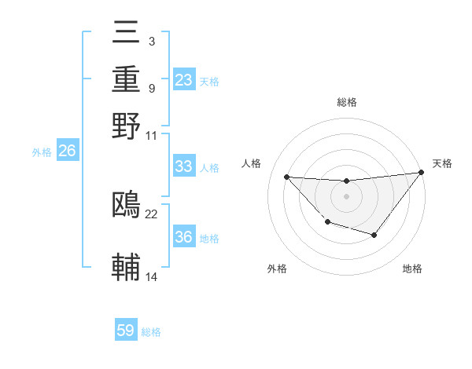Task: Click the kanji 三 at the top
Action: click(x=126, y=33)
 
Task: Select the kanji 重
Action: click(x=126, y=79)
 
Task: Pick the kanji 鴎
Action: click(x=126, y=205)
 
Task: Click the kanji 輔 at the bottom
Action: click(x=126, y=267)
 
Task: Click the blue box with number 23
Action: click(x=184, y=80)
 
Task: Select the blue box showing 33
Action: click(x=184, y=166)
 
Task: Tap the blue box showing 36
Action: click(x=184, y=237)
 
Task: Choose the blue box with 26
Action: click(x=67, y=151)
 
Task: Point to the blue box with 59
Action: click(x=126, y=331)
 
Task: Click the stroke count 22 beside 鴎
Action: click(x=152, y=214)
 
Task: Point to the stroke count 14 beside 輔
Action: click(x=152, y=276)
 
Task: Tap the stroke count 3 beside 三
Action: click(x=151, y=41)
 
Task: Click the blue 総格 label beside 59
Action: click(x=151, y=332)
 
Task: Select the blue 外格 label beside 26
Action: click(x=42, y=152)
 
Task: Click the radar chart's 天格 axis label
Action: click(x=442, y=163)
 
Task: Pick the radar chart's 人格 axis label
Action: click(x=252, y=163)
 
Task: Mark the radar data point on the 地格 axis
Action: click(x=374, y=235)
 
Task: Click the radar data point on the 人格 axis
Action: click(x=287, y=177)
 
